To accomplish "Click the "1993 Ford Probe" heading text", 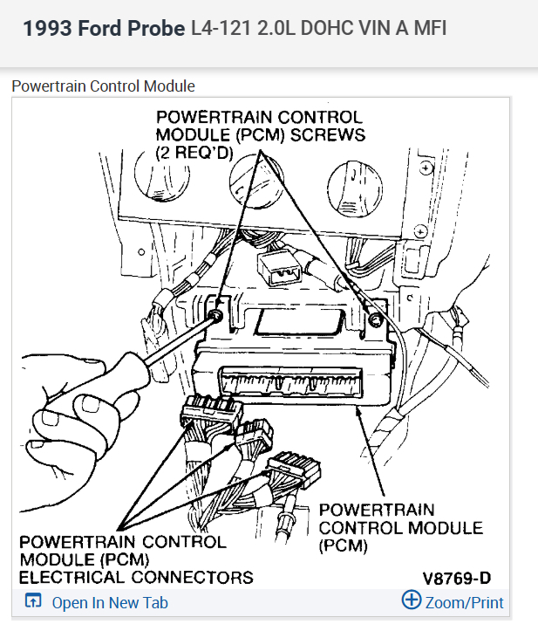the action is pyautogui.click(x=104, y=28).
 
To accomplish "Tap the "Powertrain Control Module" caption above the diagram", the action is pyautogui.click(x=103, y=86).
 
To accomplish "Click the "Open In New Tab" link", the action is pyautogui.click(x=109, y=602).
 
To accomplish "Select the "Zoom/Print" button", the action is pyautogui.click(x=463, y=602).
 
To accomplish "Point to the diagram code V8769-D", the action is pyautogui.click(x=457, y=578).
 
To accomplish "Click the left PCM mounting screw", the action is pyautogui.click(x=215, y=314).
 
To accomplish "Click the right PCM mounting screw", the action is pyautogui.click(x=375, y=319).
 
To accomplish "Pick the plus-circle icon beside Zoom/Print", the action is pyautogui.click(x=411, y=600).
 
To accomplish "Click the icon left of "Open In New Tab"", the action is pyautogui.click(x=34, y=602).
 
